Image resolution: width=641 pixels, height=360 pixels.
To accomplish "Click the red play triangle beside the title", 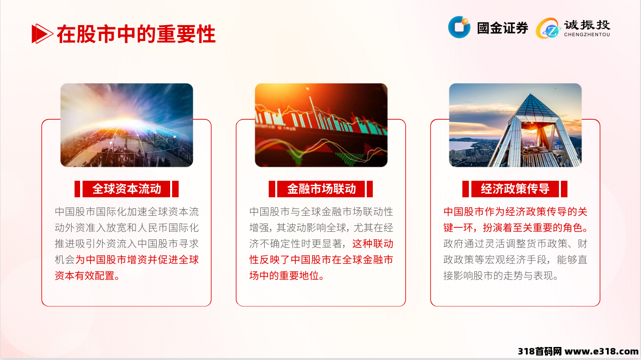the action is [42, 34].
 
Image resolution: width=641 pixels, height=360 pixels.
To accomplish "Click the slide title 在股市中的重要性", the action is [136, 34].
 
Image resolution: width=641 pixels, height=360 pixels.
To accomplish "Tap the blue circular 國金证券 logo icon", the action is [459, 27].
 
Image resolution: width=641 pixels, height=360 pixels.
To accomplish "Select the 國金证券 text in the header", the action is [502, 28].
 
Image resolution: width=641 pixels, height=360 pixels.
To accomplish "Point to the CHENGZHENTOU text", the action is [587, 35].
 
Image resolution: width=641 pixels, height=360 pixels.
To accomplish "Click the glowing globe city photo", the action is [127, 125].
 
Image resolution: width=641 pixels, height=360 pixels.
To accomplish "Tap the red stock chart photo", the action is [321, 125].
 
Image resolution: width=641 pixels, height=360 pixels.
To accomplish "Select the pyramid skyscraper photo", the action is [515, 125].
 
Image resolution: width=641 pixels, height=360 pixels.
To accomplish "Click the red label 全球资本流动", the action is [127, 189].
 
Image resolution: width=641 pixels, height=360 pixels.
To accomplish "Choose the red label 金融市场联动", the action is [321, 189].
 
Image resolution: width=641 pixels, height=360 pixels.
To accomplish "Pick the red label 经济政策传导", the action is [515, 189].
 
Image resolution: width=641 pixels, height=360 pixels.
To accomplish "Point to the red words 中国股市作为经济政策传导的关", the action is [515, 212].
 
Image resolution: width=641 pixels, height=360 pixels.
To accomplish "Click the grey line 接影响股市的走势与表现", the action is [501, 276].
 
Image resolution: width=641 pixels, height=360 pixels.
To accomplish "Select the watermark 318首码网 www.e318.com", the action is [578, 351].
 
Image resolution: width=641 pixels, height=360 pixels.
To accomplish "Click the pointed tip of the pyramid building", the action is [530, 94].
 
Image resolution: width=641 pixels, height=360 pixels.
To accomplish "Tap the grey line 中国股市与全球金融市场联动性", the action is [321, 212].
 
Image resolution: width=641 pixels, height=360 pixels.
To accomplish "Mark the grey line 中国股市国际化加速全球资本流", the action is [127, 212].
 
